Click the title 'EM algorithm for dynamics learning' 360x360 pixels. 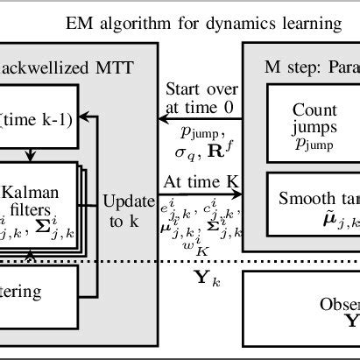pos(203,24)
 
